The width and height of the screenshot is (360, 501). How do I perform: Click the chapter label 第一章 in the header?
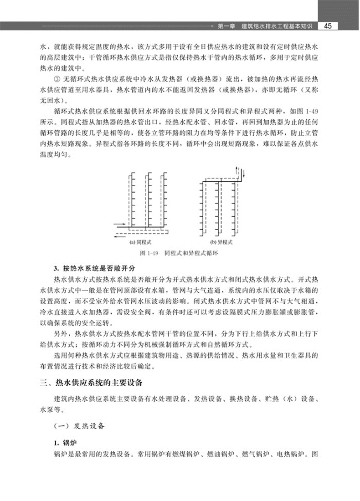click(x=226, y=26)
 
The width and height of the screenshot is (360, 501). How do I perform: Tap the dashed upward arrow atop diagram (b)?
click(x=237, y=171)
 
